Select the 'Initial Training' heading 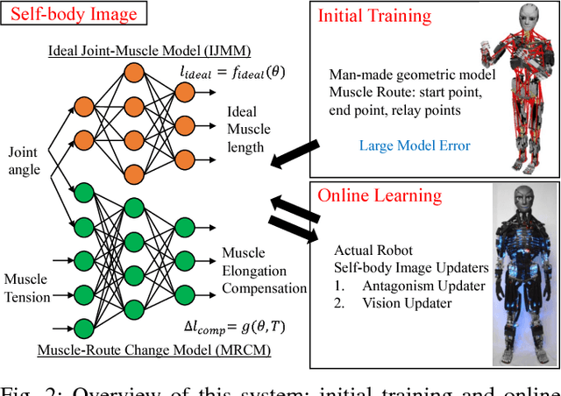(374, 17)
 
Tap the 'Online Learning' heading (380, 194)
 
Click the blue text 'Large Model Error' (414, 145)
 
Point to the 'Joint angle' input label (25, 161)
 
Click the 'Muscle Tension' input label (25, 288)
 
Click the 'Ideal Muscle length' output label (249, 130)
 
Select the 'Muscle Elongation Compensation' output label (264, 270)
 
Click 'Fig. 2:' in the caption (31, 388)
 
